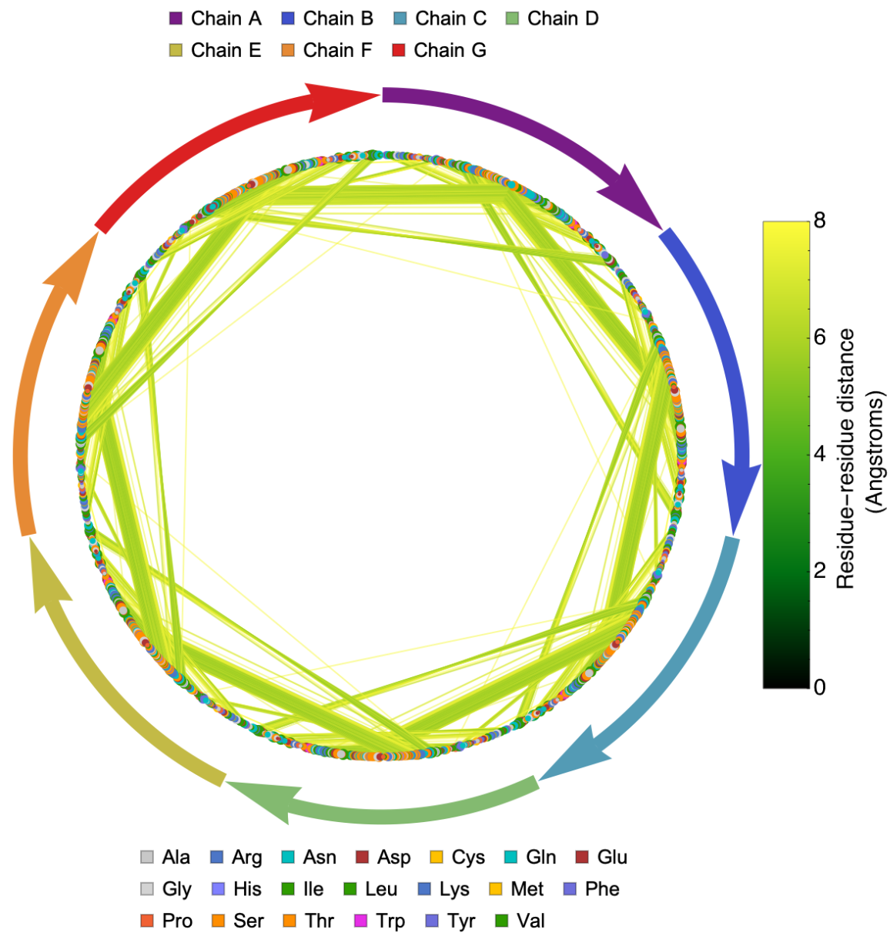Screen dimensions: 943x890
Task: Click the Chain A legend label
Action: [x=226, y=18]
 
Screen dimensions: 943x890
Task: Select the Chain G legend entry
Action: [x=449, y=50]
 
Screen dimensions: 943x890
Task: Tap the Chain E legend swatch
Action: [x=176, y=51]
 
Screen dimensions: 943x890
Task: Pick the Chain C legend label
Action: [x=450, y=18]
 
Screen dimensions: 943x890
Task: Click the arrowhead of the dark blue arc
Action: [x=737, y=493]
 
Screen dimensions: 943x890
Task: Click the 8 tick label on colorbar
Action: [x=819, y=221]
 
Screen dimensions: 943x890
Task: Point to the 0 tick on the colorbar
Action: [x=819, y=686]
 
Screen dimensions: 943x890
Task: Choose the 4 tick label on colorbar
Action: [x=819, y=454]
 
